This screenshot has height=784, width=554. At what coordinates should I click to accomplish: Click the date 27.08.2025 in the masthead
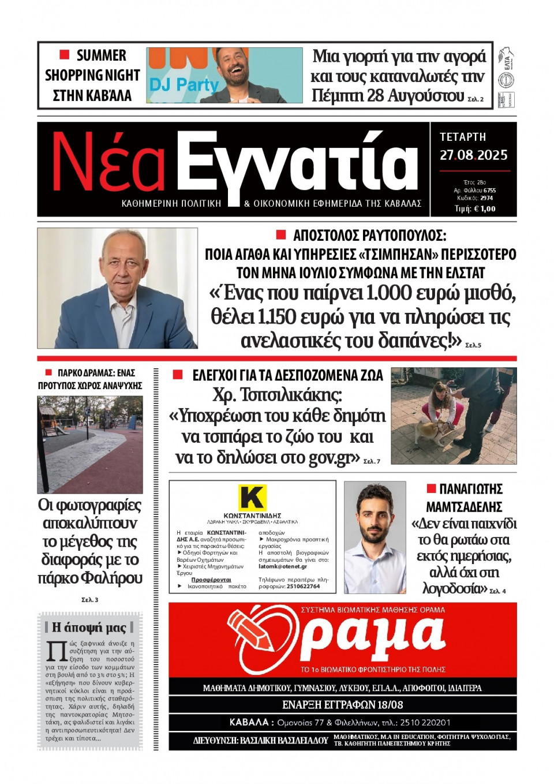pyautogui.click(x=473, y=155)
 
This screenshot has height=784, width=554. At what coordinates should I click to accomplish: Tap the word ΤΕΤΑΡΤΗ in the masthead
pyautogui.click(x=463, y=137)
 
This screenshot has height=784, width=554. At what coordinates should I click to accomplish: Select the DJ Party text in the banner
pyautogui.click(x=184, y=85)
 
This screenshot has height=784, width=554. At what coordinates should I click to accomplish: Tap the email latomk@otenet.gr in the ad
pyautogui.click(x=283, y=566)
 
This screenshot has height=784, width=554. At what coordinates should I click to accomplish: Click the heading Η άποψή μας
pyautogui.click(x=89, y=627)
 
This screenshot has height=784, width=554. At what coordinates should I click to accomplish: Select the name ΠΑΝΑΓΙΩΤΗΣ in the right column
pyautogui.click(x=470, y=489)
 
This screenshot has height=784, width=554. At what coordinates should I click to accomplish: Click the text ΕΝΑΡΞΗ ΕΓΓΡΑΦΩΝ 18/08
pyautogui.click(x=342, y=704)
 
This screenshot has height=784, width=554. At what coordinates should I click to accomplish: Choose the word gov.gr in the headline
pyautogui.click(x=330, y=457)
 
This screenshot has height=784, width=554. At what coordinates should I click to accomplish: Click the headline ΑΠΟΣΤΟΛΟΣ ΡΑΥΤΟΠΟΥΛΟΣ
pyautogui.click(x=369, y=235)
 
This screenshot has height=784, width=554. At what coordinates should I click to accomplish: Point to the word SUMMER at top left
pyautogui.click(x=101, y=55)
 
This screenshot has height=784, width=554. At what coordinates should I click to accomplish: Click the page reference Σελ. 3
pyautogui.click(x=89, y=600)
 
